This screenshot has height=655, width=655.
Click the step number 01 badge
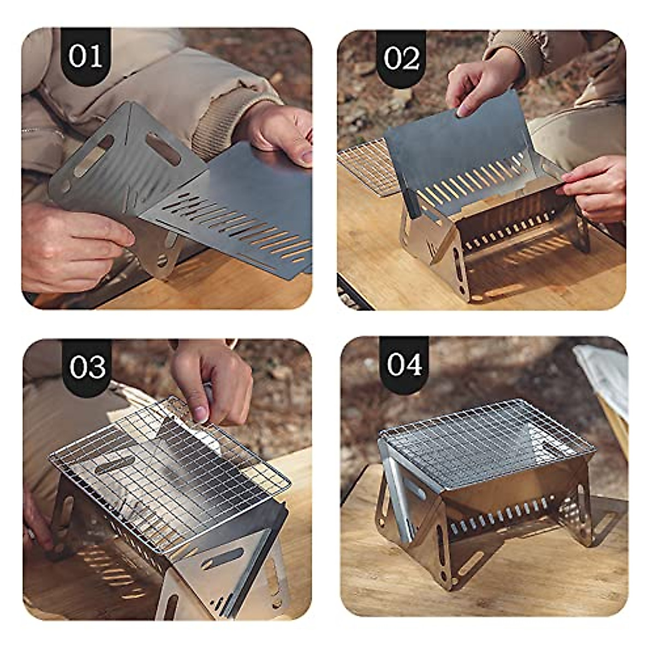pos(86,56)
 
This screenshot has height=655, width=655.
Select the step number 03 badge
pos(87,367)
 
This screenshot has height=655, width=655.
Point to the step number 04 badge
pos(404,364)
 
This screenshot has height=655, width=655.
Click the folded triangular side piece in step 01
pos(120,169)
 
